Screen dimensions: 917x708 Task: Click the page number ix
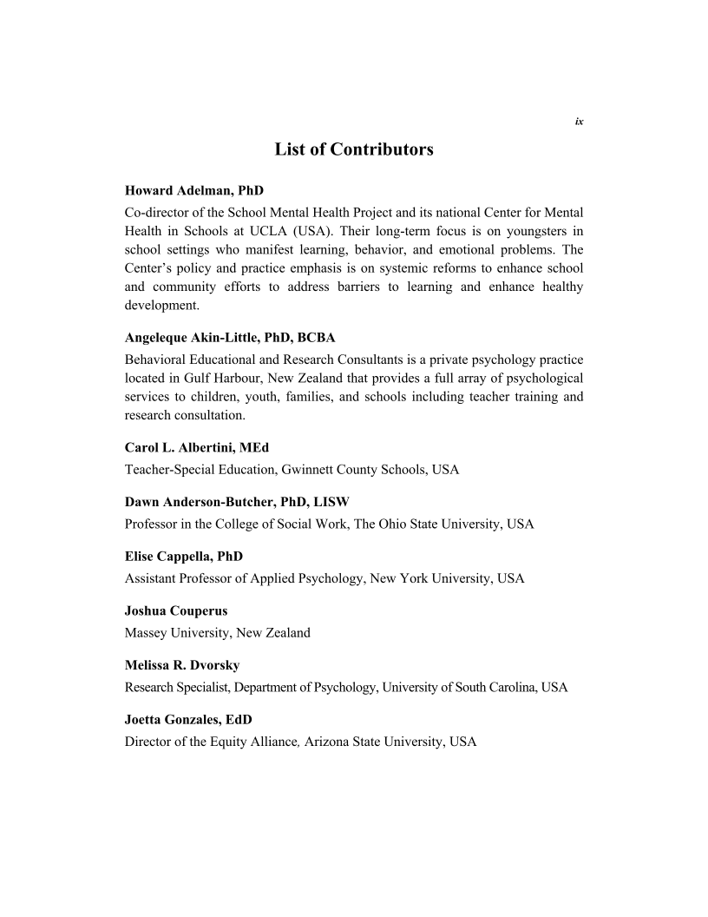pos(579,121)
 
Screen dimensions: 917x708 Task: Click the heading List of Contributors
pos(354,149)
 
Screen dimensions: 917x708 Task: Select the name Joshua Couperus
pos(176,610)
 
